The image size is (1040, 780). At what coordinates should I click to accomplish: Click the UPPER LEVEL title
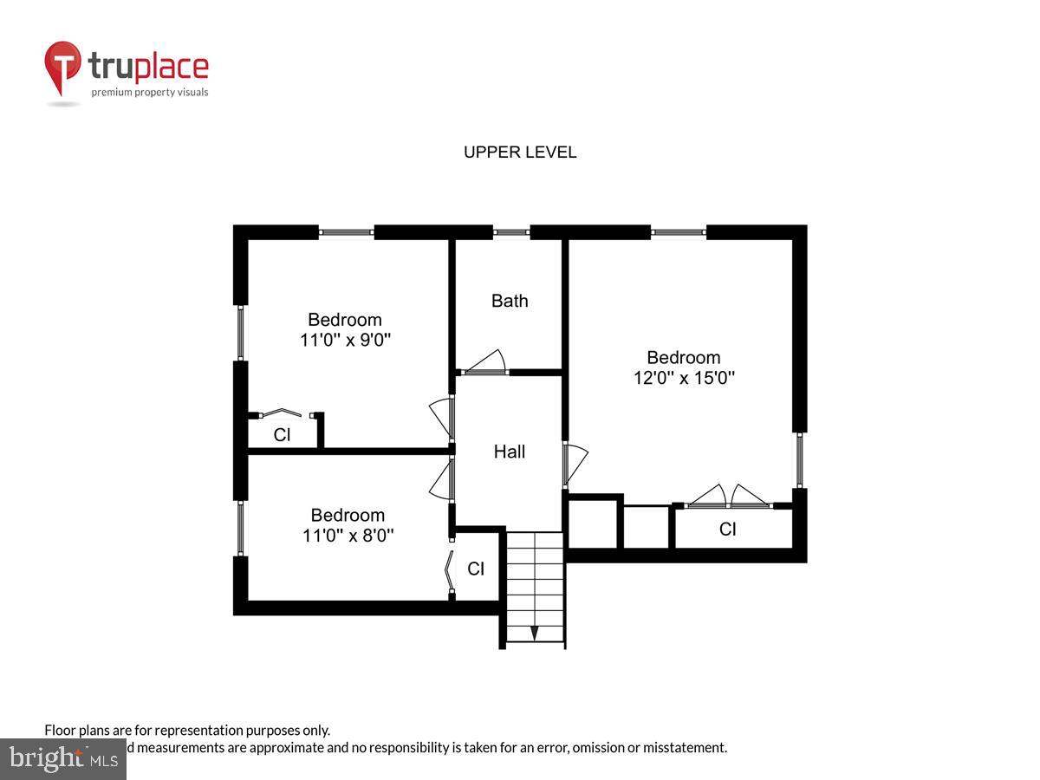(520, 153)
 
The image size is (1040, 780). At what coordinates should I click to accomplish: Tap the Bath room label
(510, 301)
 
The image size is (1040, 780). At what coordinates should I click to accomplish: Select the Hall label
(510, 452)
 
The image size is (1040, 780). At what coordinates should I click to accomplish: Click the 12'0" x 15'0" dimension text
(684, 378)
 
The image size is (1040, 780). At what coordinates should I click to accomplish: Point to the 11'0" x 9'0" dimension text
(345, 340)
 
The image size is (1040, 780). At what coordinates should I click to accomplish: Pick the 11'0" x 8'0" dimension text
(348, 536)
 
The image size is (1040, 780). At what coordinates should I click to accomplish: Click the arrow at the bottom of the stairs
(535, 634)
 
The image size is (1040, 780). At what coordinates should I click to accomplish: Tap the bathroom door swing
(487, 362)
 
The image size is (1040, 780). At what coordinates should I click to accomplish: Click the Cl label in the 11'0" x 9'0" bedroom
(282, 435)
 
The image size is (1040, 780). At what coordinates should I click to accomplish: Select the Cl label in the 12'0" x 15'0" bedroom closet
(727, 529)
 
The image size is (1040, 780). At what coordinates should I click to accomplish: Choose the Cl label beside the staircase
(476, 569)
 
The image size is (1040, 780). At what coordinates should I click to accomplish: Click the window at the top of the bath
(511, 232)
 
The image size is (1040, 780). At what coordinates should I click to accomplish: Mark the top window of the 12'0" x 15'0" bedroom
(679, 232)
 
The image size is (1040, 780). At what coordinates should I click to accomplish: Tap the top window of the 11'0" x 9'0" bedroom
(347, 232)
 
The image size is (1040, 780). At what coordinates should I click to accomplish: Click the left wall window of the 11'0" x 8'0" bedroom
(241, 528)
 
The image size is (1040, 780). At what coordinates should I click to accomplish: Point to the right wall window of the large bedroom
(800, 460)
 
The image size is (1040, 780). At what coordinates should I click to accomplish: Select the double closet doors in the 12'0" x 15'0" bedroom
(727, 497)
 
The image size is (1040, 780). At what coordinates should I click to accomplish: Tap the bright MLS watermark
(62, 759)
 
